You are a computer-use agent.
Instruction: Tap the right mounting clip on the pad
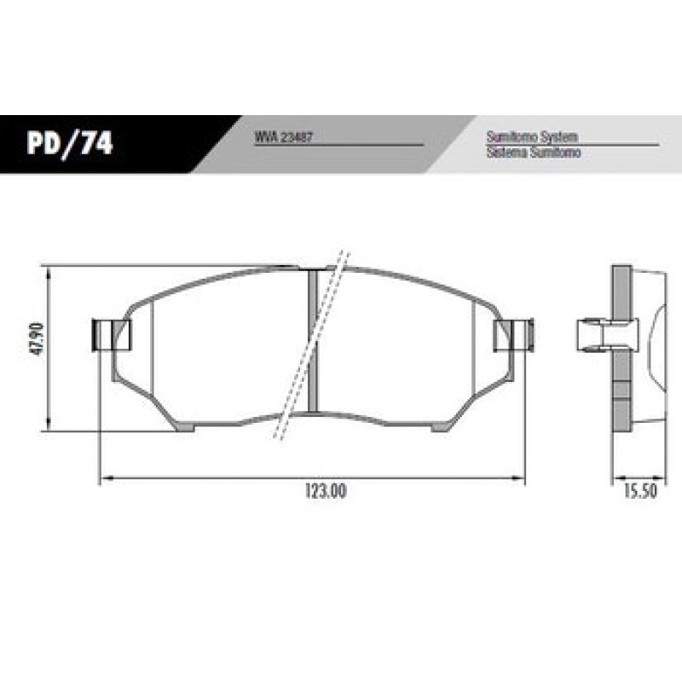coord(514,334)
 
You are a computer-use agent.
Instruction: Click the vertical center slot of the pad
coord(311,341)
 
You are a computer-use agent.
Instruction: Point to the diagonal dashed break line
coord(311,345)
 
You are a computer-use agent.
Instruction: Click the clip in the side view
coord(597,334)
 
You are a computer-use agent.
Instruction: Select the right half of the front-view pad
coord(401,350)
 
